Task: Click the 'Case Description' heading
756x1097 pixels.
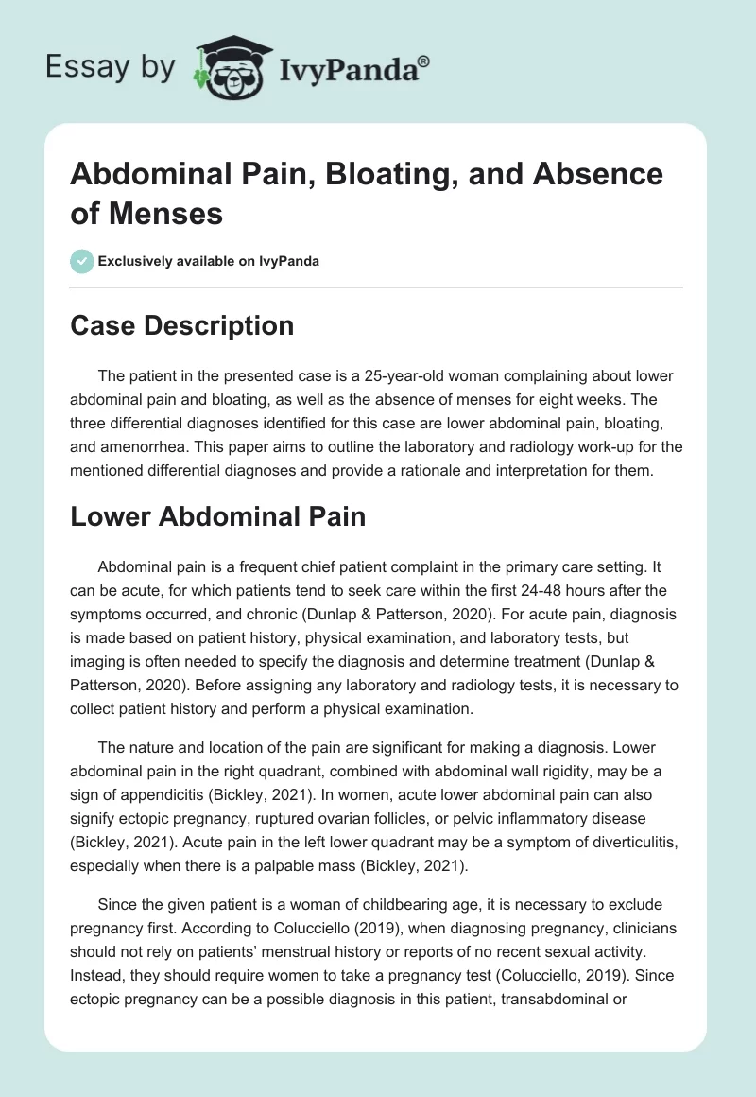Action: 182,326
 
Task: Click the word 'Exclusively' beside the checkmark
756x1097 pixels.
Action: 143,261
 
